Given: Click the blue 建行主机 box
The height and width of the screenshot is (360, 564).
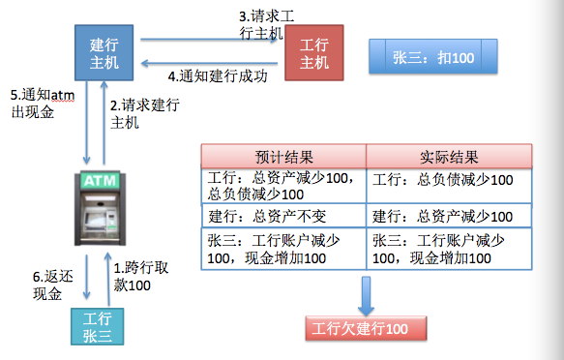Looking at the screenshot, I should pos(104,52).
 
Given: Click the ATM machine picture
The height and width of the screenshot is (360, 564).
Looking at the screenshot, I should pos(102,209).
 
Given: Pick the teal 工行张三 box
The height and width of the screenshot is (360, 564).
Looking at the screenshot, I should pos(98,326).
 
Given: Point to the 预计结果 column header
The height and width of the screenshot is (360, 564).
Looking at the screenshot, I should pos(282,157).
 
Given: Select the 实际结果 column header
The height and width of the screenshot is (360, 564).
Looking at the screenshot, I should pos(450,157).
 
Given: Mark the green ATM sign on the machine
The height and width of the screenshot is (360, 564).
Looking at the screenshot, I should pos(102,181).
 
